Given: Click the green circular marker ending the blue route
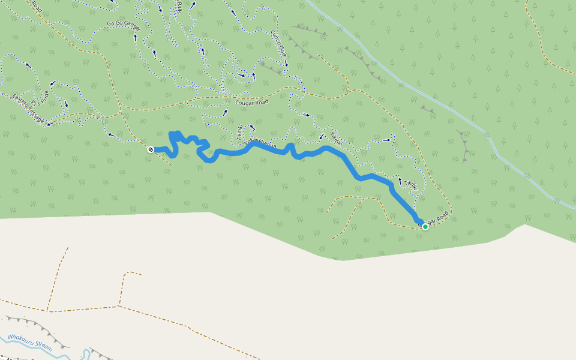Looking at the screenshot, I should click(425, 227).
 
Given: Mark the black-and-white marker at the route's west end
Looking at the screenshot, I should click(151, 149).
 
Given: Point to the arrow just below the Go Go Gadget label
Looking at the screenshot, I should click(135, 37).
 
